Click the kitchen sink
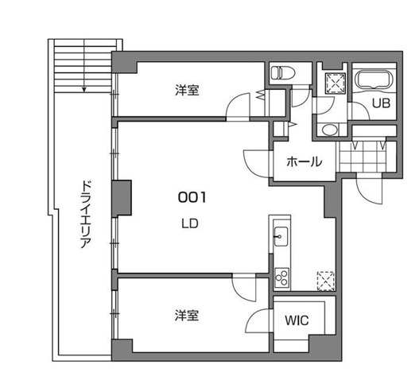(x=280, y=235)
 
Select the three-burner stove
(x=281, y=277)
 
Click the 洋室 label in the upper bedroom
(x=188, y=90)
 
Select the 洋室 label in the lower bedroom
(x=188, y=316)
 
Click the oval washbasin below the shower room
(x=329, y=130)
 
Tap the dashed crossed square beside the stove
(x=325, y=280)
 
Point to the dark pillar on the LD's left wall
(x=121, y=199)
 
